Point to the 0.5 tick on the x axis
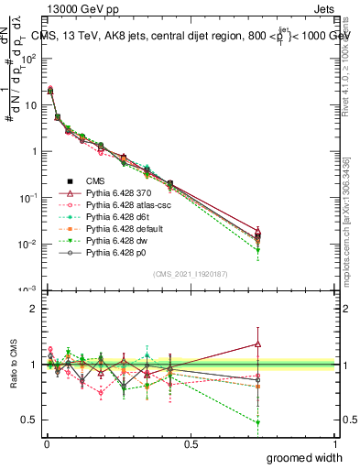click(191, 443)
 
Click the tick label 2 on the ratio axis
click(34, 309)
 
